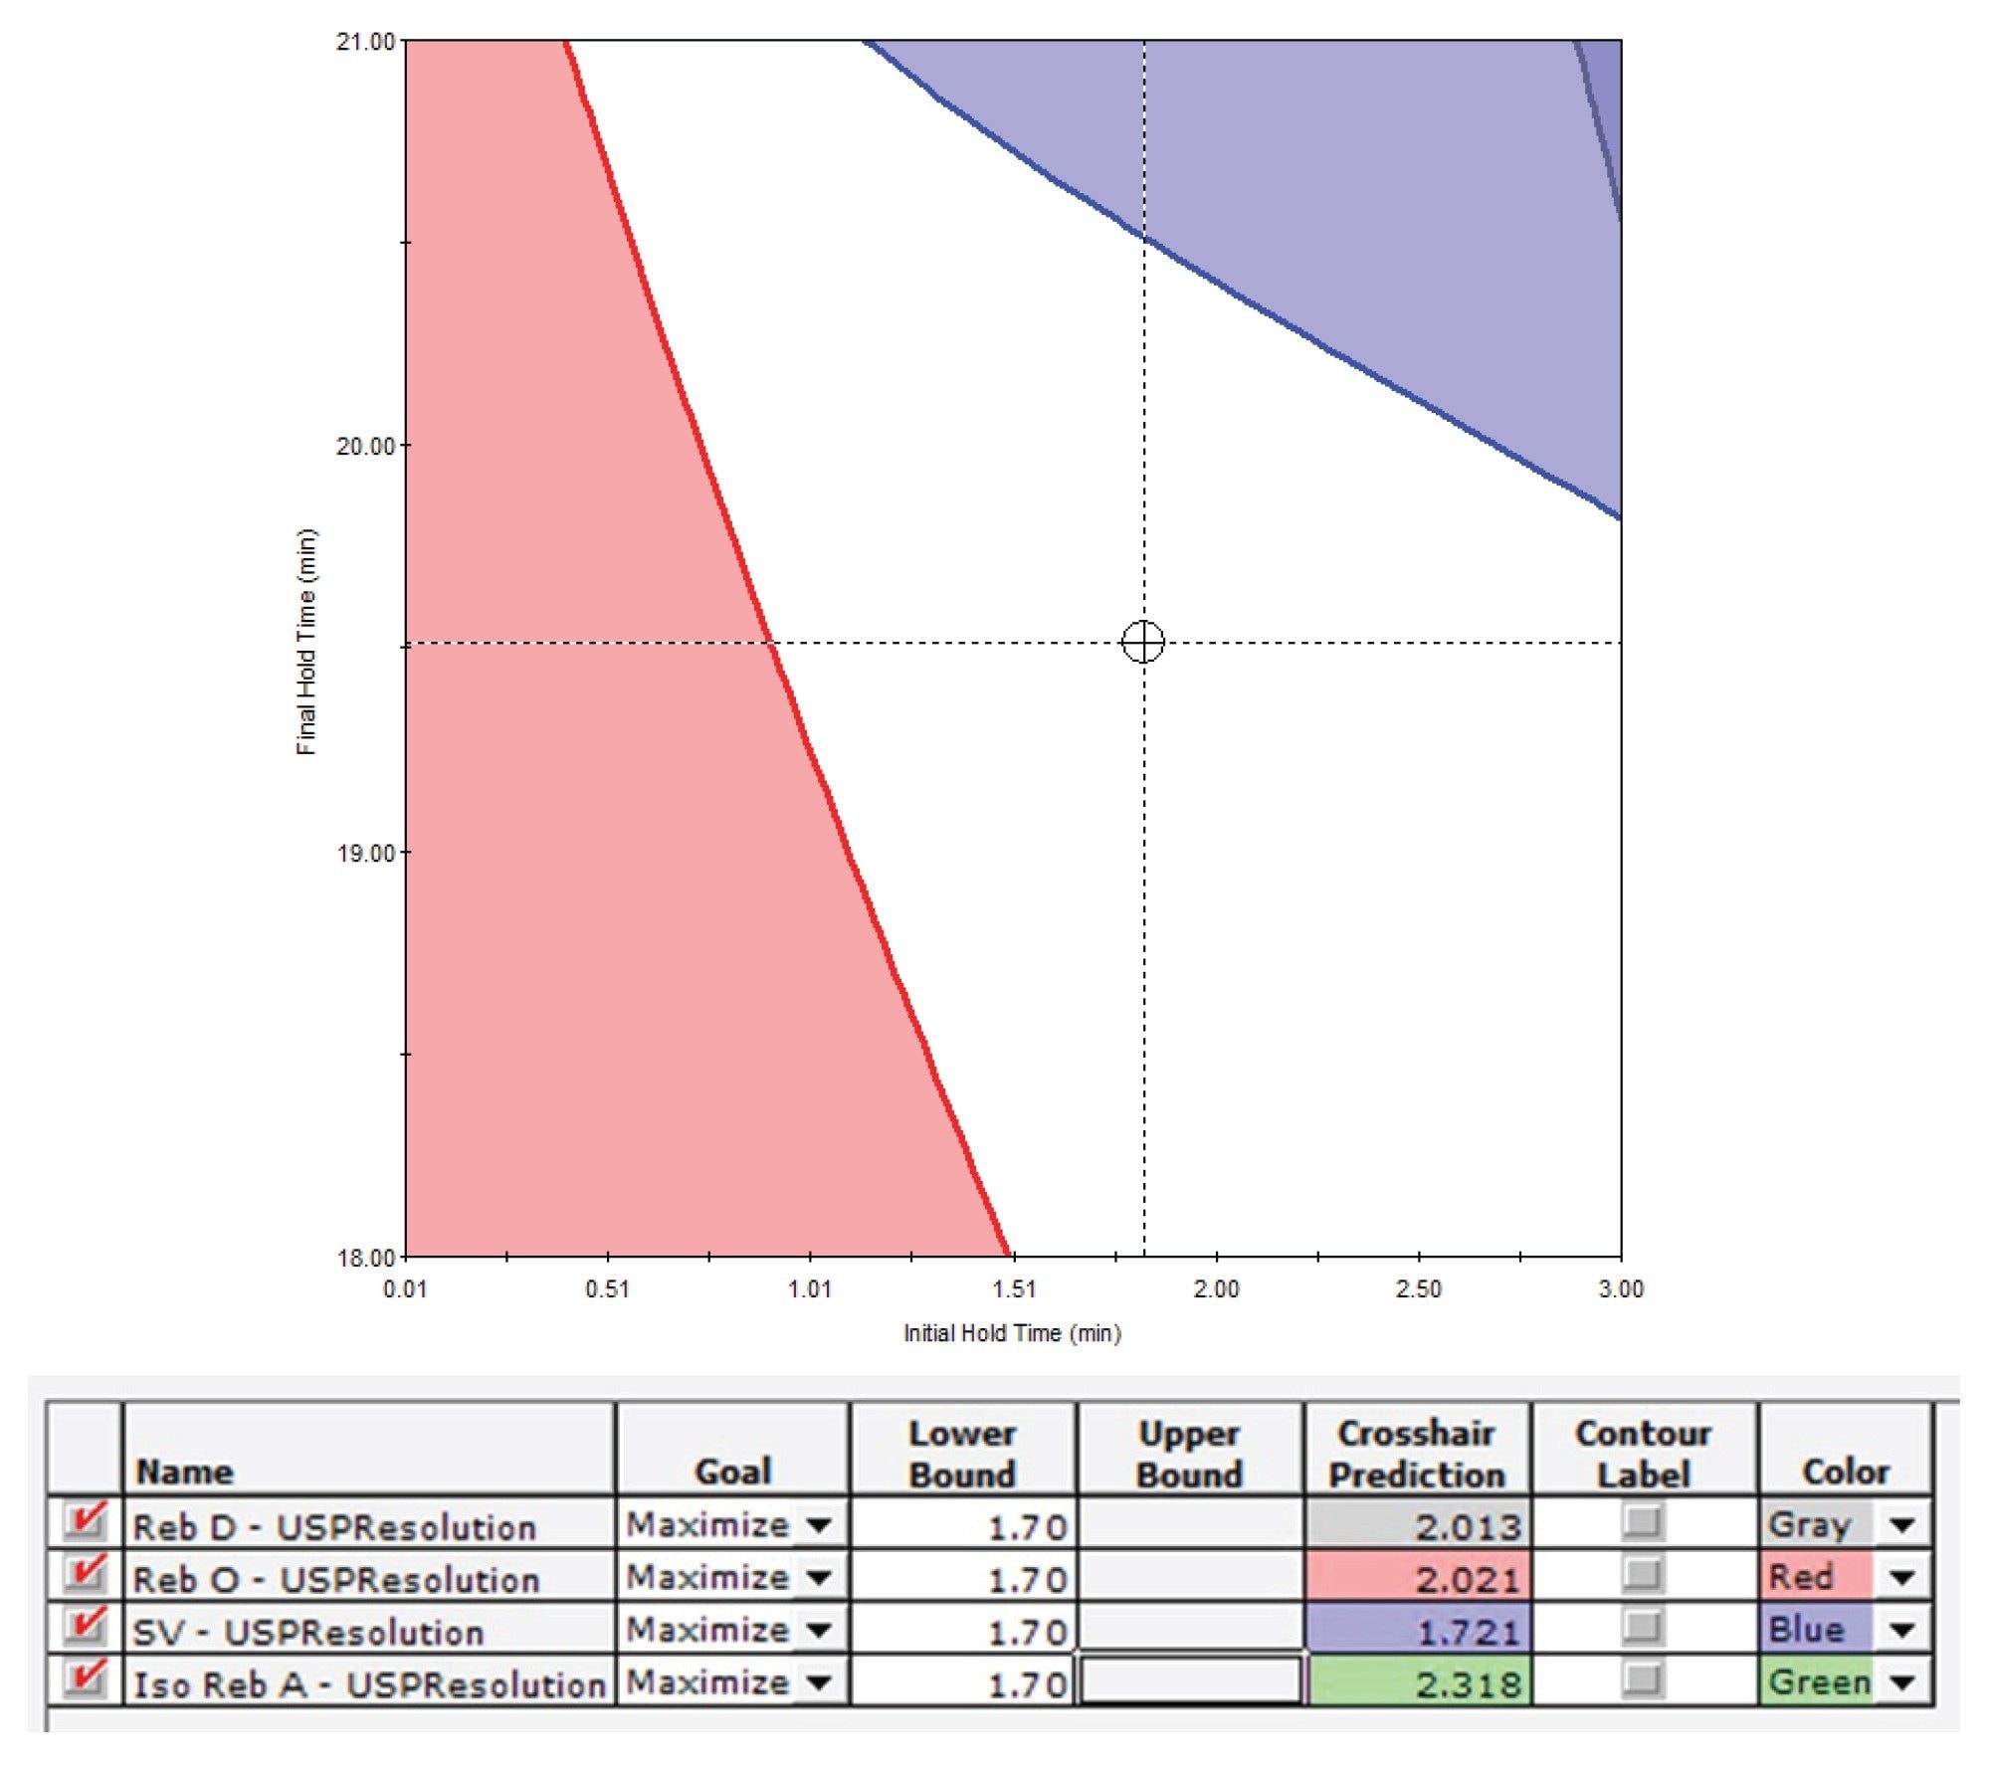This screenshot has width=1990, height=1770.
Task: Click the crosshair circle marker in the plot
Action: tap(1143, 642)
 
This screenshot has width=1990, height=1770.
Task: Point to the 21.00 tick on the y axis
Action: tap(366, 42)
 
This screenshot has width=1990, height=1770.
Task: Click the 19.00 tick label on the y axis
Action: tap(366, 853)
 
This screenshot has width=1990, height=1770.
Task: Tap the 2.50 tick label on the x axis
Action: tap(1418, 1289)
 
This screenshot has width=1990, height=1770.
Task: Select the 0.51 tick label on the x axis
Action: tap(607, 1289)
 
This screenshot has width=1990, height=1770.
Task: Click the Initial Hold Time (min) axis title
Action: tap(1012, 1333)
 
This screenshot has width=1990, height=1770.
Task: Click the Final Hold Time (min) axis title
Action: tap(306, 642)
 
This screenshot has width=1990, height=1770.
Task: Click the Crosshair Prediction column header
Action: tap(1417, 1454)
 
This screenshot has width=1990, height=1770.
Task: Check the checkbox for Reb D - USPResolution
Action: tap(86, 1522)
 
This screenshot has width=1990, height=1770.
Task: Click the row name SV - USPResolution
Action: tap(308, 1632)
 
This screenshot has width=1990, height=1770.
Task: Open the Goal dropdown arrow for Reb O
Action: tap(819, 1578)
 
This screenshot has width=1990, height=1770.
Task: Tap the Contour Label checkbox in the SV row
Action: tap(1643, 1629)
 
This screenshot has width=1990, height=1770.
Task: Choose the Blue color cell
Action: tap(1815, 1630)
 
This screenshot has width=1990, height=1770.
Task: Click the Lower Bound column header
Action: tap(962, 1454)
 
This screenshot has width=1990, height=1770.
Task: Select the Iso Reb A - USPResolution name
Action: tap(368, 1684)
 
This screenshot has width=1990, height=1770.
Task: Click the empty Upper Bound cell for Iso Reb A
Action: tap(1190, 1681)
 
